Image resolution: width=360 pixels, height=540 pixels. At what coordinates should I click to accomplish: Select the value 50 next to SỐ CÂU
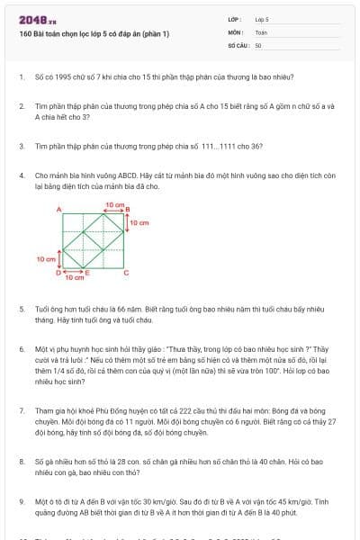coord(258,43)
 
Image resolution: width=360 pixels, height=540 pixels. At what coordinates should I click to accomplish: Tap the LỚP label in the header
coord(234,18)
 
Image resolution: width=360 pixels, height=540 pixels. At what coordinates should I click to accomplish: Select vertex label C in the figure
coord(126,271)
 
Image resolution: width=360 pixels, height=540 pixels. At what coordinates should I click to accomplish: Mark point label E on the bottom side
coord(86,271)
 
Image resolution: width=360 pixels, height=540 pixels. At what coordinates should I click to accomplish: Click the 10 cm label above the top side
coord(114,204)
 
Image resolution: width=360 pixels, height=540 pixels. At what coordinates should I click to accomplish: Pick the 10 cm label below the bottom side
coord(74,278)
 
